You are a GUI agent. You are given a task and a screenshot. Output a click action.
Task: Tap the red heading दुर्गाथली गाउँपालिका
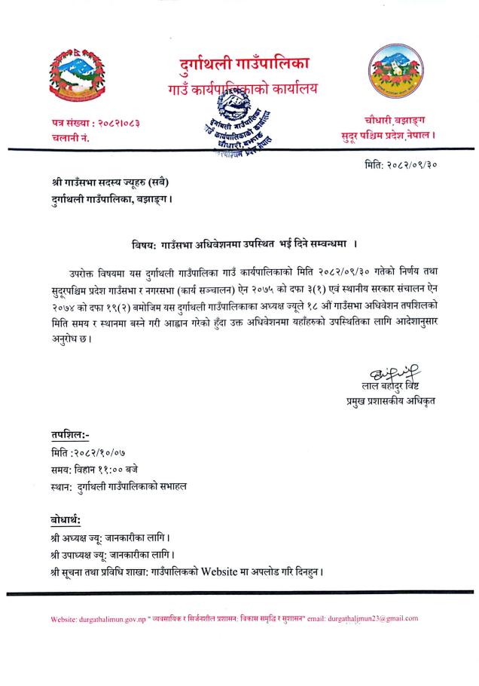[x=244, y=63]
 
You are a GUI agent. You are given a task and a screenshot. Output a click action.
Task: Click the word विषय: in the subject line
[x=141, y=244]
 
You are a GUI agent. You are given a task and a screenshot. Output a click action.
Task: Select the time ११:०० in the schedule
[x=121, y=470]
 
